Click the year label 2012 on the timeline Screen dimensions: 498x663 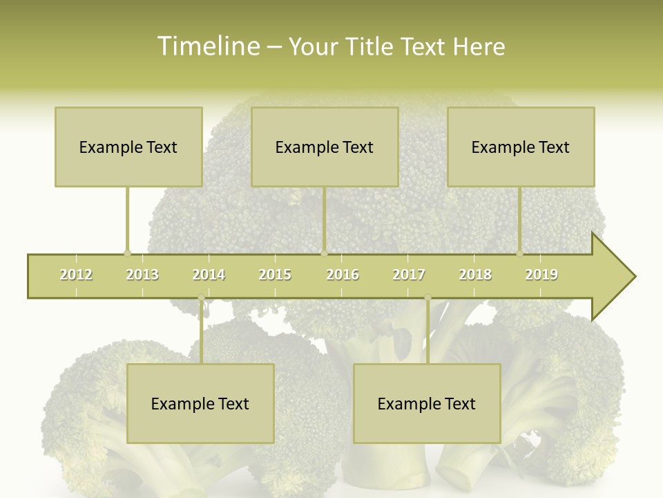coord(76,275)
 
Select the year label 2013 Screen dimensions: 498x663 coord(142,275)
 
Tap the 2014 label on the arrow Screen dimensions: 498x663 coord(209,275)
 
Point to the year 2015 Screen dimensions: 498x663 coord(275,275)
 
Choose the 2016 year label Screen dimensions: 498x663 coord(343,275)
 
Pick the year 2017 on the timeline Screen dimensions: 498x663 coord(409,275)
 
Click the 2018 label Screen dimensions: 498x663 coord(475,275)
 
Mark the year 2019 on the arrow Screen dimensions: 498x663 coord(541,275)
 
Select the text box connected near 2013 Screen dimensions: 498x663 coord(128,147)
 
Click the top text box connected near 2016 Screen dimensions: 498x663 coord(325,147)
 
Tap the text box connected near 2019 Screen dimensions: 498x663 coord(521,147)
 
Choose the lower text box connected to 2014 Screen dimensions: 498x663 coord(200,403)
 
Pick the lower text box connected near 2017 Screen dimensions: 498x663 coord(427,403)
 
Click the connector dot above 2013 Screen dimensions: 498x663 coord(127,253)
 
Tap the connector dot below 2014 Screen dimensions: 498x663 coord(201,297)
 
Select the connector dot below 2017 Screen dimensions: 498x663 coord(427,297)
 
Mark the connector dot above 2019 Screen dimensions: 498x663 coord(519,253)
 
